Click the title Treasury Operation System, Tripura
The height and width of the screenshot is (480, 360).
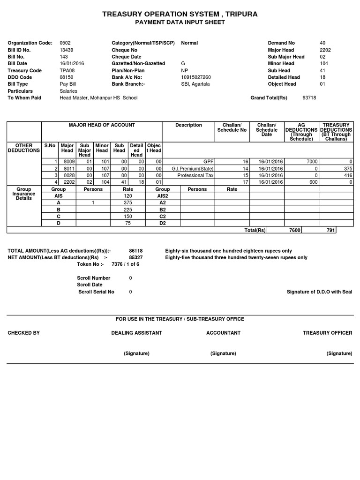tap(180, 15)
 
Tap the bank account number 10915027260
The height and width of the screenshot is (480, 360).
tap(196, 77)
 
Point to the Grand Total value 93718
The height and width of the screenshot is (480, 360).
tap(309, 98)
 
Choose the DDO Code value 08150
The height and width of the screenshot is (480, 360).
tap(67, 77)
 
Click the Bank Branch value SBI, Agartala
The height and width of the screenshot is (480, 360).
tap(195, 84)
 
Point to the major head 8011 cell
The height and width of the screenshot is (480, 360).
tap(67, 169)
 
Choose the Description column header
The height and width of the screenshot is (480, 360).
tap(188, 125)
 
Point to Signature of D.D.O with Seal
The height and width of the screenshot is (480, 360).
tap(319, 292)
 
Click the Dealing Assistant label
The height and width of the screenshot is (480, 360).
tap(136, 333)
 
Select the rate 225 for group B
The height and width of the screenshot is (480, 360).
tap(128, 210)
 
